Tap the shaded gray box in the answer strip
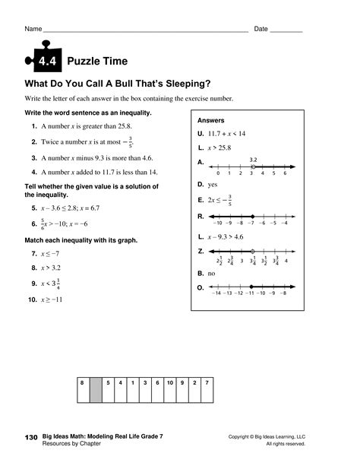pos(96,388)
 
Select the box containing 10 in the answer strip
pos(169,382)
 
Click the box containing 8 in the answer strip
pos(82,382)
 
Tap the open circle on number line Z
pos(252,250)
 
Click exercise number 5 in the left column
pos(35,208)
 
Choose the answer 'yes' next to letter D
pos(213,184)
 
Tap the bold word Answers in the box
pos(210,120)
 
